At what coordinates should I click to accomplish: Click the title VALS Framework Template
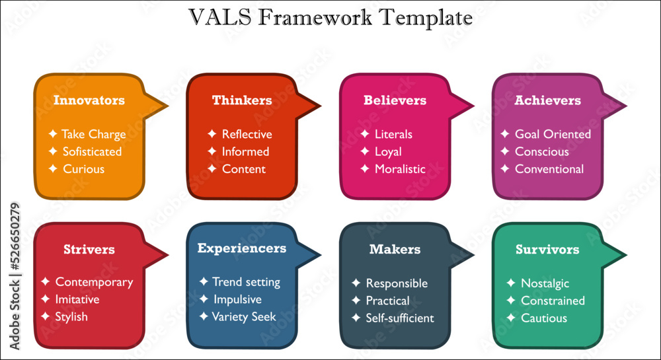330,18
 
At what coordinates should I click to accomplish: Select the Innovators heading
89,100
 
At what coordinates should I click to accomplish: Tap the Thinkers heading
242,100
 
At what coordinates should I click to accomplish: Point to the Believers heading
395,100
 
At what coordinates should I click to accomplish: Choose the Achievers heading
547,100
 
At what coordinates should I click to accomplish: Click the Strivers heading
89,250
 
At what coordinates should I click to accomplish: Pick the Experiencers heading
242,248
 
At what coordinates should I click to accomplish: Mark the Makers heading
395,250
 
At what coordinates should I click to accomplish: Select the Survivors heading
547,250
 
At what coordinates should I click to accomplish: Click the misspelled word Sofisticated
92,151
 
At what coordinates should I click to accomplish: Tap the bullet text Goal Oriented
553,134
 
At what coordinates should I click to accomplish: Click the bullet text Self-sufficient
400,318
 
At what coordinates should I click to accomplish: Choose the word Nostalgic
545,283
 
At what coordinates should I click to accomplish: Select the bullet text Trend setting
246,282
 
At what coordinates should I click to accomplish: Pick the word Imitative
77,299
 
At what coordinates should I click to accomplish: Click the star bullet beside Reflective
212,134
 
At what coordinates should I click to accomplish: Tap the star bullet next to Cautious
510,318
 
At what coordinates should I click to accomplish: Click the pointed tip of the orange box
167,105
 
